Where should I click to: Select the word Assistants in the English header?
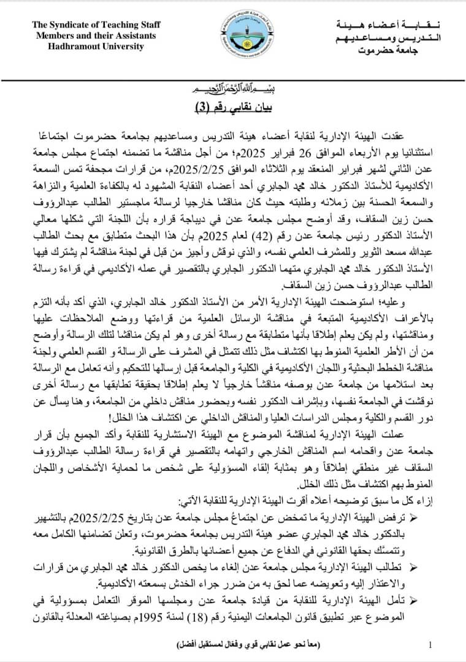click(x=131, y=35)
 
